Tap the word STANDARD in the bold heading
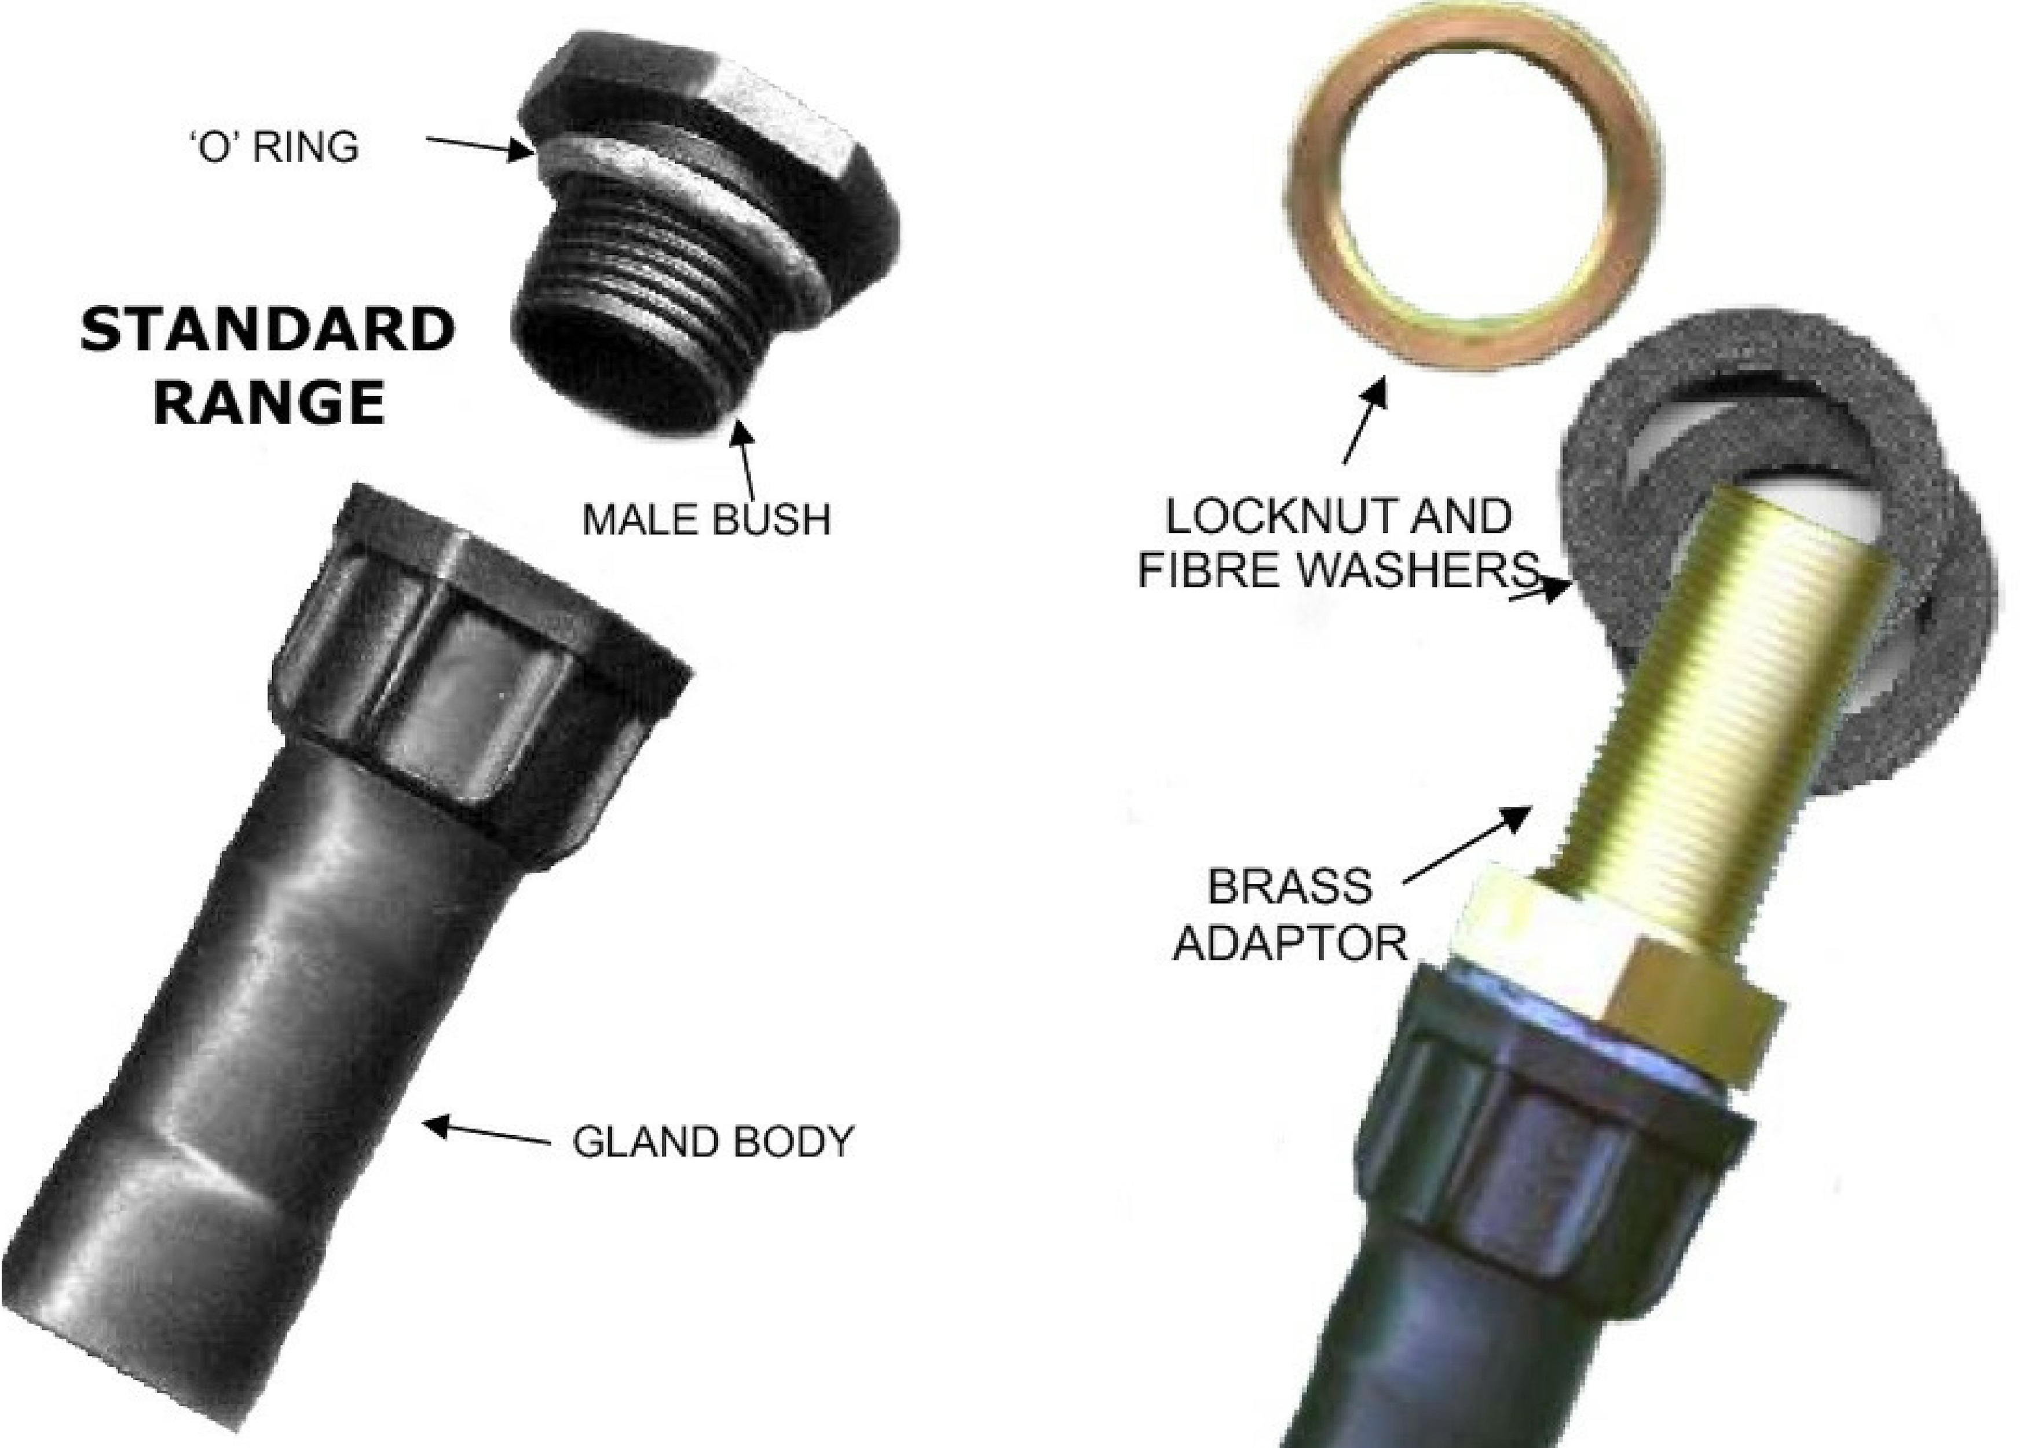tap(268, 330)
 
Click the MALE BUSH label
tap(706, 519)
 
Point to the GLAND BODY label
tap(713, 1142)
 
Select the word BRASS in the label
tap(1289, 886)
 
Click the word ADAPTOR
tap(1289, 942)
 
